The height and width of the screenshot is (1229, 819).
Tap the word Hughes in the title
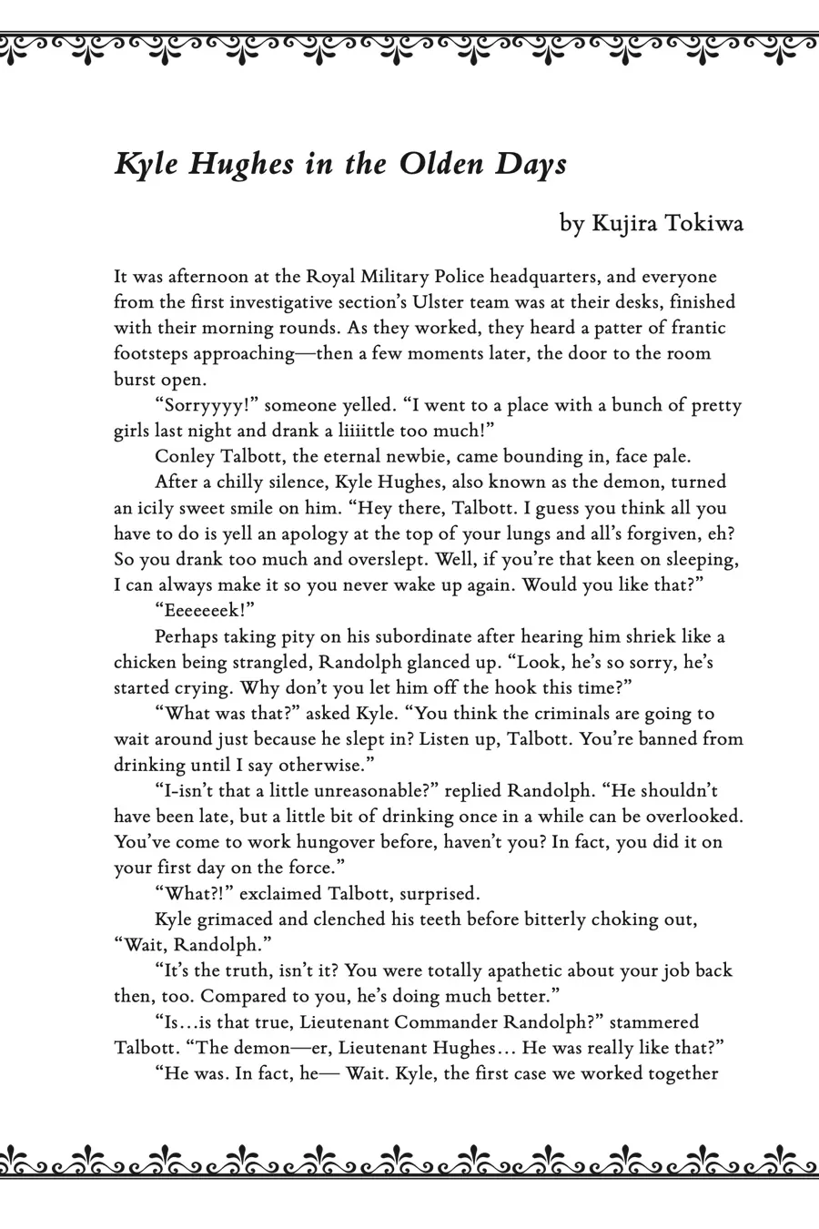point(230,165)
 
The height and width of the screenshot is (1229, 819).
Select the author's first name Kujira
point(624,223)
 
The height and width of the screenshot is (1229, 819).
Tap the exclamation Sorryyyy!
point(207,405)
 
